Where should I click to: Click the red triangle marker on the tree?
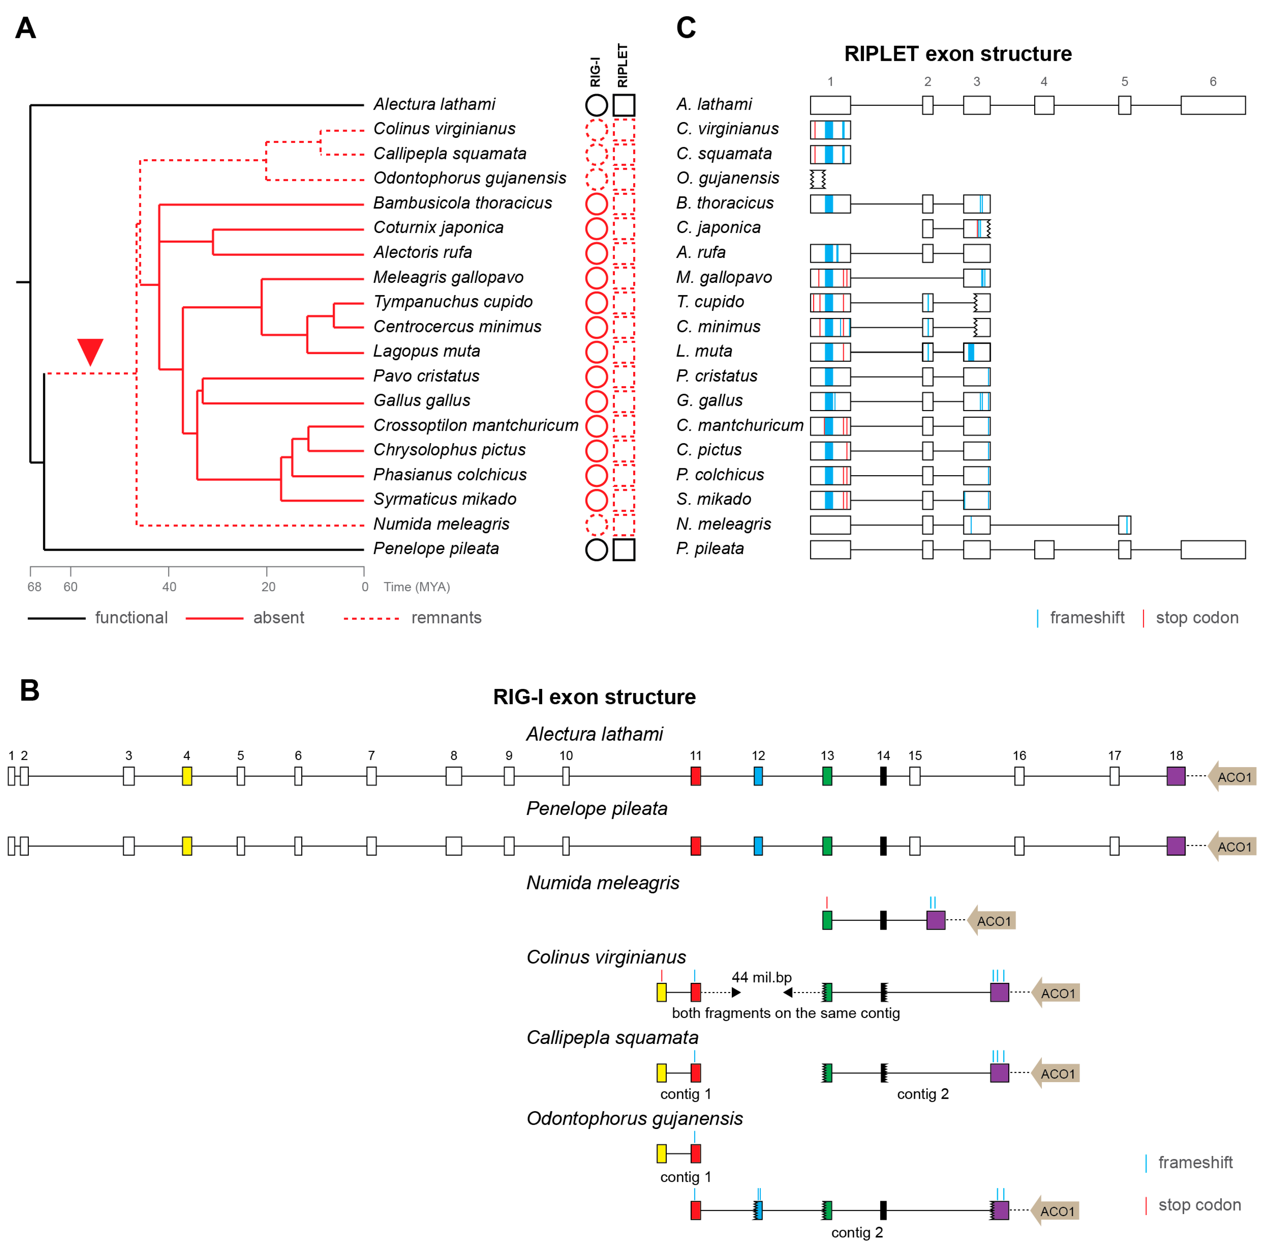point(90,351)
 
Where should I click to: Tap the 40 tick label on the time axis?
point(169,586)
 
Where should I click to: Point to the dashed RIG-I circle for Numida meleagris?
point(596,524)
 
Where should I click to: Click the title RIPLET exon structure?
point(957,54)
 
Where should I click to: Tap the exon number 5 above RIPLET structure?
point(1124,81)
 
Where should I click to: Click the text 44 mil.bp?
point(761,977)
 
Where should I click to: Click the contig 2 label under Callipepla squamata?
point(922,1093)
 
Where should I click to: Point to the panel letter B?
point(30,690)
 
